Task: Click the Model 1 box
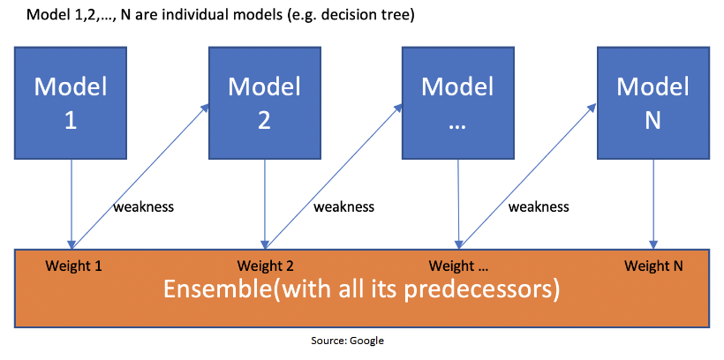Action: pos(71,103)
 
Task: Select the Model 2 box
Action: pos(265,103)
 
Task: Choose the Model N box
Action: pos(652,103)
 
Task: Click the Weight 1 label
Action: pos(73,266)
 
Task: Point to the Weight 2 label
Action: pos(266,266)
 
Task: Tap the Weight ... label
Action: pos(458,266)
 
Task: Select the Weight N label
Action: pos(653,266)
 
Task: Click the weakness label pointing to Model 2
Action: pos(144,206)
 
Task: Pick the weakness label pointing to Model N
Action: pos(539,206)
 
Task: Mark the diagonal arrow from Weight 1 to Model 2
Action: pos(140,176)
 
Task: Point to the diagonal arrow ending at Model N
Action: pos(529,176)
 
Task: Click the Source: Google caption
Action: pos(347,341)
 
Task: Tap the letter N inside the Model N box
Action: pos(652,120)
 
